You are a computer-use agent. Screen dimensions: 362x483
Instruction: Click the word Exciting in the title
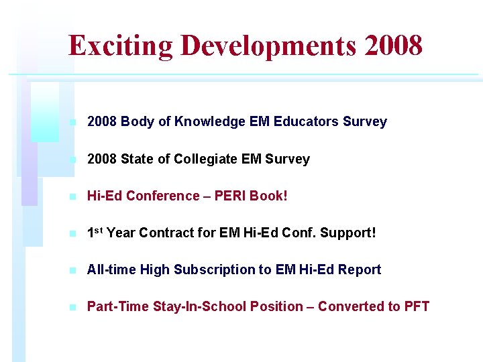(121, 46)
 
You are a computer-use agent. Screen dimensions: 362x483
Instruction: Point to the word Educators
(305, 122)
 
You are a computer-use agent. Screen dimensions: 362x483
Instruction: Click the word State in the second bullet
(137, 160)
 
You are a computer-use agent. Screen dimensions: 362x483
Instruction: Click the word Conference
(158, 196)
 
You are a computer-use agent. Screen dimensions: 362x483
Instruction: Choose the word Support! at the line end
(348, 233)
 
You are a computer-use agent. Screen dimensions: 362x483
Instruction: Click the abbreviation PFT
(417, 307)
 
